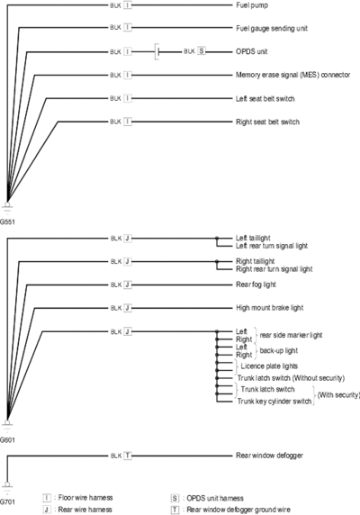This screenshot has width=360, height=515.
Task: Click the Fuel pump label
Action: (252, 5)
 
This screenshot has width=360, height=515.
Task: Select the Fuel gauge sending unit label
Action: (272, 28)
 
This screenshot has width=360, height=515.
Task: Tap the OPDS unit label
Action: (251, 51)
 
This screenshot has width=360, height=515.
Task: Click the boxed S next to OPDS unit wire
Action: (202, 51)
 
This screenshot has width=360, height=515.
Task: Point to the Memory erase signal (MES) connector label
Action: (292, 75)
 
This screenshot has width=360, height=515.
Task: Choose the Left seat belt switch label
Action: (265, 98)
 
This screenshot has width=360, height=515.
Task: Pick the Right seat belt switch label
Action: (267, 122)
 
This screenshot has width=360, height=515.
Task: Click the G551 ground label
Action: (7, 221)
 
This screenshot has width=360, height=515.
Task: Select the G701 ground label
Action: (7, 501)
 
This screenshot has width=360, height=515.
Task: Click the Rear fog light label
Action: (256, 285)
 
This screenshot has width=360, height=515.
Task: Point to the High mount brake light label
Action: (270, 308)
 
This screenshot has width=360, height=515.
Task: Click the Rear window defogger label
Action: (269, 456)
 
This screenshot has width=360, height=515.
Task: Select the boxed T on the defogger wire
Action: (128, 456)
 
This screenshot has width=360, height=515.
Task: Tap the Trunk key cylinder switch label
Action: (274, 401)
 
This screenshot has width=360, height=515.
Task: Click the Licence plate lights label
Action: (269, 366)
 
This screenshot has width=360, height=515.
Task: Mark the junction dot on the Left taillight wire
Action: (217, 238)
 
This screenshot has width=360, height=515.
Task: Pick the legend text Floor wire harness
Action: (85, 498)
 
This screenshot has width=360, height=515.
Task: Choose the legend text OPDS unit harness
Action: (215, 498)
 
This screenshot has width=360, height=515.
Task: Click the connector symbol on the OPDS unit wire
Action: (157, 51)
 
